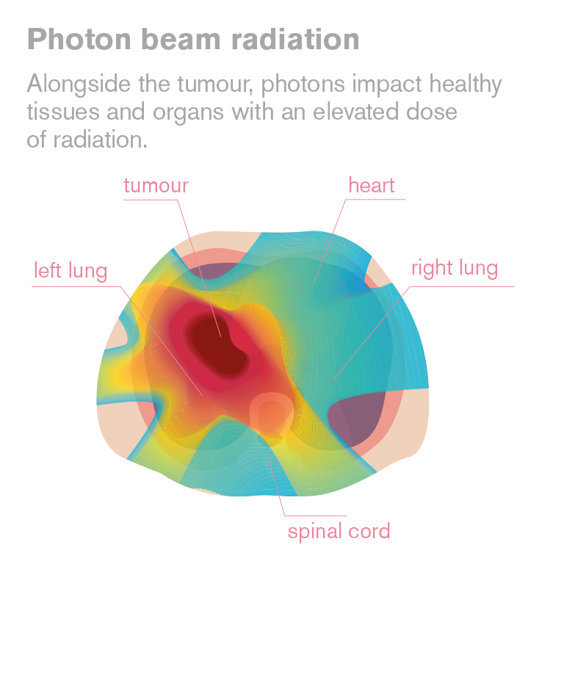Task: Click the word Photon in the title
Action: coord(79,40)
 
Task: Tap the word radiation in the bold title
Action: coord(295,40)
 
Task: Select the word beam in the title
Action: coord(181,40)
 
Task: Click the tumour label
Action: coord(156,186)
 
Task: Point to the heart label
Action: coord(372,186)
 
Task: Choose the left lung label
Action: coord(70,271)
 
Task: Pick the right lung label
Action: coord(455,268)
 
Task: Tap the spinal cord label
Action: coord(339,531)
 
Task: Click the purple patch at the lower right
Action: coord(356,419)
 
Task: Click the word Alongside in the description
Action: coord(79,84)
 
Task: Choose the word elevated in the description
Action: coord(355,112)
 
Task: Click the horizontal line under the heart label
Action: coord(375,200)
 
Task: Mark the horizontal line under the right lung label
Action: coord(461,286)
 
